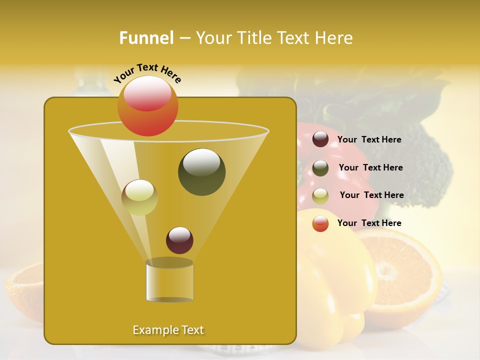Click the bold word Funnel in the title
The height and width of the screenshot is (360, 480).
(146, 38)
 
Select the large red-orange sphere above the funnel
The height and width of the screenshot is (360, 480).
(147, 106)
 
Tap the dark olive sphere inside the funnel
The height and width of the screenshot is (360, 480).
(201, 172)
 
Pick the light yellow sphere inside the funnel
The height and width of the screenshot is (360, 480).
(139, 197)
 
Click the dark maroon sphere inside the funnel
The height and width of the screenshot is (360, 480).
(179, 240)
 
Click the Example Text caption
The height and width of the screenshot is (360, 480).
(168, 330)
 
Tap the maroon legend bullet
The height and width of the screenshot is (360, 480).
(320, 139)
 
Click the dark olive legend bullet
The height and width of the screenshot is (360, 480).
(320, 168)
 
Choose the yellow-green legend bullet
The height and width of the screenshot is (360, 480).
(320, 196)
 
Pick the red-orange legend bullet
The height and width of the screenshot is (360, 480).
(320, 223)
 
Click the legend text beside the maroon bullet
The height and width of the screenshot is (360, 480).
(369, 140)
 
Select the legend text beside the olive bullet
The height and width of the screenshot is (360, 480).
(370, 168)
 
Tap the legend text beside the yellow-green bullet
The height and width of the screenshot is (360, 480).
(371, 195)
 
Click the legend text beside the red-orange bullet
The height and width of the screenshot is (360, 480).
(369, 223)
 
